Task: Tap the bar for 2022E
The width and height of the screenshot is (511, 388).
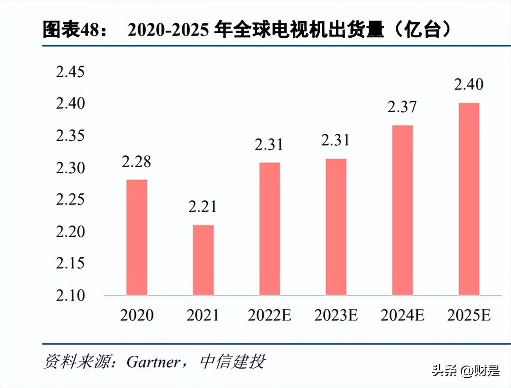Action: (269, 229)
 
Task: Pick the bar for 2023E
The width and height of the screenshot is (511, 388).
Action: (336, 227)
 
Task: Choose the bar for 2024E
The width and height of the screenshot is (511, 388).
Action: (402, 210)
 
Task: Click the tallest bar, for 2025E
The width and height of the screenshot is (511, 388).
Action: (469, 199)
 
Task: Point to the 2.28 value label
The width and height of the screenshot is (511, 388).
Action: (136, 162)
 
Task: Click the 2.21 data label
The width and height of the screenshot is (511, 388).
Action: (202, 207)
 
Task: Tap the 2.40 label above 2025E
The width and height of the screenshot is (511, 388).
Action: (469, 84)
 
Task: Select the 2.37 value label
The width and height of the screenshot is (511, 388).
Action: (402, 107)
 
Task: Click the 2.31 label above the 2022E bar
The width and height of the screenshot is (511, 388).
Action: (269, 145)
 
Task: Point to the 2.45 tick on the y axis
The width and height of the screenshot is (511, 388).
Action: (70, 72)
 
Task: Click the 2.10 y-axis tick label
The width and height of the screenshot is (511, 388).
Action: (70, 295)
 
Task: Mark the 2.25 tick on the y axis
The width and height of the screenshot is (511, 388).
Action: (70, 199)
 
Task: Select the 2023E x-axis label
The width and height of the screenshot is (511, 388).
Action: (336, 316)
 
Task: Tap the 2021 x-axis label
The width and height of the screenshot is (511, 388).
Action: (203, 316)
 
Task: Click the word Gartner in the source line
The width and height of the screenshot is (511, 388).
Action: (153, 362)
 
